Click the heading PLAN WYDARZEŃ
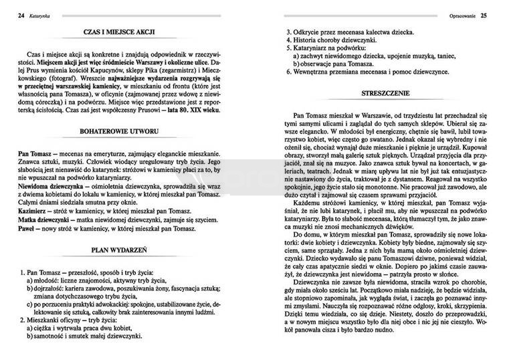click(125, 251)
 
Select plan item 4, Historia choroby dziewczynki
click(327, 40)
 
